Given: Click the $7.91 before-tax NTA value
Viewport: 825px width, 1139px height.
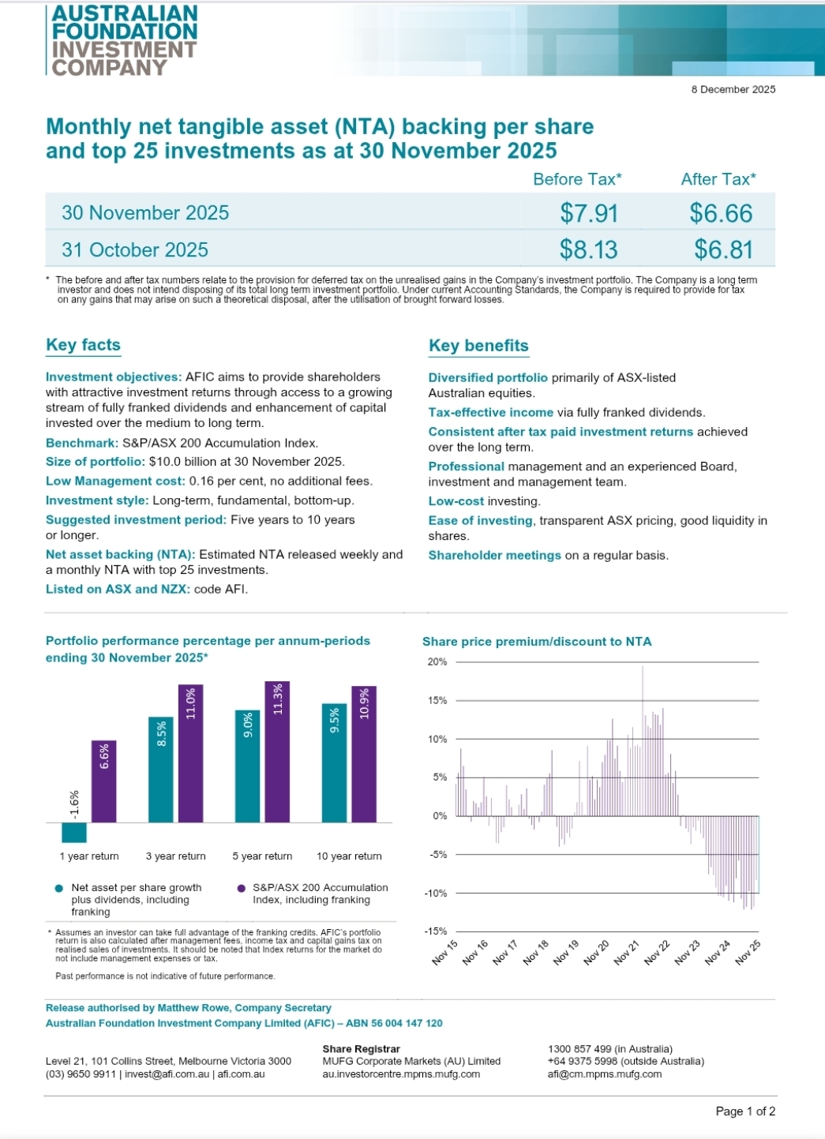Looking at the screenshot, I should tap(589, 213).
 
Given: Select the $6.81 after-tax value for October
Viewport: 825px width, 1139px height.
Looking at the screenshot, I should tap(723, 250).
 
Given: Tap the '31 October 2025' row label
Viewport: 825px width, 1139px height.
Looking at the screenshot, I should tap(135, 250).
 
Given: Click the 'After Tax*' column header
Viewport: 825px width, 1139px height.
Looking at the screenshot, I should tap(718, 179).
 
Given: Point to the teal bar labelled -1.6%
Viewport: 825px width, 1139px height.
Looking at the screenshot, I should tap(74, 832).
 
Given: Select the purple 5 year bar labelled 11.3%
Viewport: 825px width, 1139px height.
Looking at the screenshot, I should tap(277, 751).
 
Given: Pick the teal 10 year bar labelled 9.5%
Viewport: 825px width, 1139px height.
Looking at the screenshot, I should tap(335, 762).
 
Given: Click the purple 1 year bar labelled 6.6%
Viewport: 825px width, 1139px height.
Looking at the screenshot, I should tap(104, 781).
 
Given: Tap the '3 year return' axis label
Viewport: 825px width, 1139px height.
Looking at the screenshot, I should tap(175, 856).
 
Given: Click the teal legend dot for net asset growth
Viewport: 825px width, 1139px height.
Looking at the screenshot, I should tap(58, 889).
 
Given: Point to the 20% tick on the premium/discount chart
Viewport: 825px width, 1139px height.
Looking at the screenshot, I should tap(437, 662).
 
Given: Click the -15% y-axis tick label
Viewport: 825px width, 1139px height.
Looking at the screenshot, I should tap(436, 931).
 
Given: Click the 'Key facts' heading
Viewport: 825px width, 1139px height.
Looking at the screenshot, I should tap(83, 345).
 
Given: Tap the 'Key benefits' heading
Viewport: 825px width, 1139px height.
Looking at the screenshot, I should tap(478, 346).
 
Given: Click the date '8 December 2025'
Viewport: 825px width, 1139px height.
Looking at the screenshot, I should tap(733, 89).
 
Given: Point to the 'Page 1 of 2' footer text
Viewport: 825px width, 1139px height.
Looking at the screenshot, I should tap(745, 1111).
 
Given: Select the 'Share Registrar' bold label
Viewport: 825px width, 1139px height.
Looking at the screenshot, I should tap(361, 1049).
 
